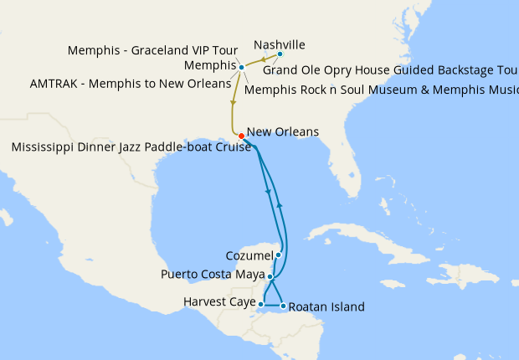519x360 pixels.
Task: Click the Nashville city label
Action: (x=279, y=44)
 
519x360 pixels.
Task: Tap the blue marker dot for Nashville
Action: (x=280, y=54)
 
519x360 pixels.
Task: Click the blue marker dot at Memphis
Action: (x=241, y=67)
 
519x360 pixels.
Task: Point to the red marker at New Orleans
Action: (x=241, y=136)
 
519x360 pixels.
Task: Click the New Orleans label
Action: (x=283, y=132)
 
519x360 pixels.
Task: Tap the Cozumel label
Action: (x=249, y=255)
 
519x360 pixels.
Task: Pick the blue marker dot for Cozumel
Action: (x=278, y=255)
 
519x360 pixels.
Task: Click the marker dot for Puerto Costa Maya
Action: (x=270, y=275)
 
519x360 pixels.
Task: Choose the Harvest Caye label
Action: (x=219, y=301)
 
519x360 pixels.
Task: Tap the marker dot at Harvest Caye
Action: (x=262, y=304)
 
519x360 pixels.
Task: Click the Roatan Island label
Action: (x=327, y=307)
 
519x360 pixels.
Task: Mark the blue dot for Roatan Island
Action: (x=283, y=306)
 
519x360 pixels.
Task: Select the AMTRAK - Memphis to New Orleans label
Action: (x=130, y=84)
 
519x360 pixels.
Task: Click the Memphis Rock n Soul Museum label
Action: (x=382, y=89)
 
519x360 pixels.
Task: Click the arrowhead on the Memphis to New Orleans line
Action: (x=233, y=103)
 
